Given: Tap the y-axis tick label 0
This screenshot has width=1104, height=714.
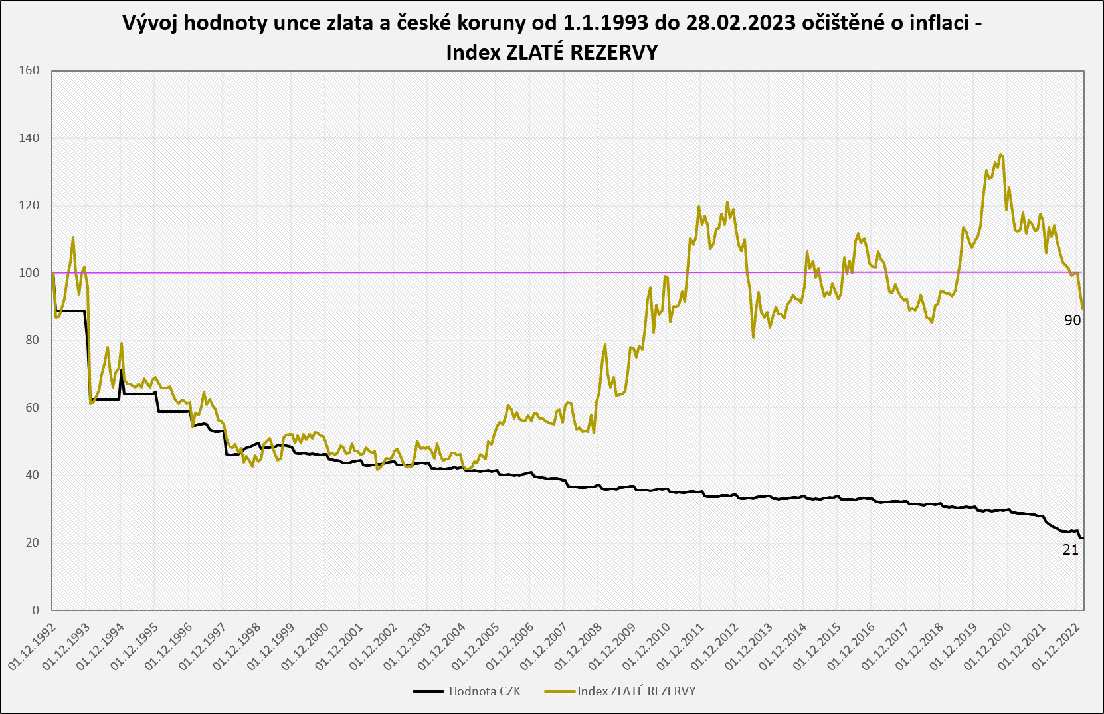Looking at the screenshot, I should click(36, 610).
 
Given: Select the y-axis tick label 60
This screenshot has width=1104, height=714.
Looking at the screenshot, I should click(33, 408).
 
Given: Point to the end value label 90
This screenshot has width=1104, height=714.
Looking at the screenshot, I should click(1073, 320).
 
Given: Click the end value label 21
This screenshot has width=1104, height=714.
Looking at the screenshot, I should click(1071, 549).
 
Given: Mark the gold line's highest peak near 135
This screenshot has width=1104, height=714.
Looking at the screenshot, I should click(1001, 155).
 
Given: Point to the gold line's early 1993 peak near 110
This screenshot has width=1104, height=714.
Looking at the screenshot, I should click(73, 237).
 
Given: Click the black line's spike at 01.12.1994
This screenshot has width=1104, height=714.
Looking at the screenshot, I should click(121, 370).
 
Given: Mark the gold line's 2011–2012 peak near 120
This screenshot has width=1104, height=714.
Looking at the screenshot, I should click(727, 203).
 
